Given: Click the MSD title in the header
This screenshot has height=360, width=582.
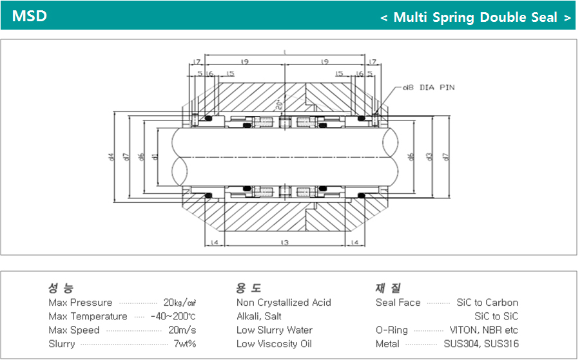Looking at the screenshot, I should point(29,16).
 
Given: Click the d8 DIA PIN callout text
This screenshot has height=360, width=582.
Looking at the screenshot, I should point(429,87).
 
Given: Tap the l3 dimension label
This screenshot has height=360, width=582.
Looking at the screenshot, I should point(285,242).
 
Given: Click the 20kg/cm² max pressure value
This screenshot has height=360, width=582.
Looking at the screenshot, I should point(180,303).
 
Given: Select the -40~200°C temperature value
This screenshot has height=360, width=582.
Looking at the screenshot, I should point(173,316).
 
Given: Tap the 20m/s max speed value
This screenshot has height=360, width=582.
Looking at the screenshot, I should point(182,330).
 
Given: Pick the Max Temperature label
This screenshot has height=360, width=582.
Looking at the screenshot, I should point(88,316).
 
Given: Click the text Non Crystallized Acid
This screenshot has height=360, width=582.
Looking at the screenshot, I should point(284,303).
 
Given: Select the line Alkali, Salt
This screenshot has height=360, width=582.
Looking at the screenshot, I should point(259,316).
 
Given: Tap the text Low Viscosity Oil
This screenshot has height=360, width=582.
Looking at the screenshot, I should point(274,344).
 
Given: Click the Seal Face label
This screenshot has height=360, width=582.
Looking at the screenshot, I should point(398,303).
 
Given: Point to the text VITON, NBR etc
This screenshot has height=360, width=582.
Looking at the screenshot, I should point(483,330).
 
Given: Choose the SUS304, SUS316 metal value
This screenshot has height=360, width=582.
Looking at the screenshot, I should point(481,344).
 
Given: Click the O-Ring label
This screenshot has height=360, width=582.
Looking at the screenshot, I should point(391,330).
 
